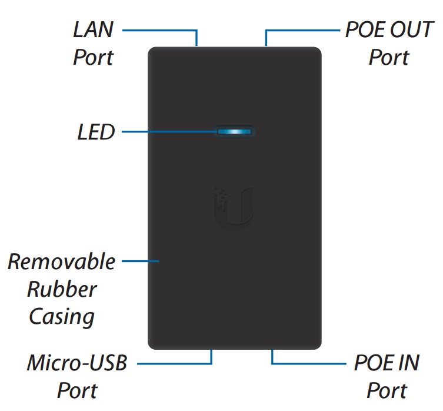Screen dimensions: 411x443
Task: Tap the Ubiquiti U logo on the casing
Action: point(234,207)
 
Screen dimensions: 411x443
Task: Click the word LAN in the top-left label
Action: point(93,31)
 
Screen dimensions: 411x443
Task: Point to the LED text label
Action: point(96,132)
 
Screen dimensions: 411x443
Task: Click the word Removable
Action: point(62,261)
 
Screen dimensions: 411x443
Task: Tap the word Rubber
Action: point(62,289)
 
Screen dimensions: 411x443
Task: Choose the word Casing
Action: point(62,317)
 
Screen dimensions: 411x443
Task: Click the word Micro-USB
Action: point(77,363)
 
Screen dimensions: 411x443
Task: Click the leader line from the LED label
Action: point(168,131)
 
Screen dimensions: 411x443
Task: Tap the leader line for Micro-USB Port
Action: point(176,363)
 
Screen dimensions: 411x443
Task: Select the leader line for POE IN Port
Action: point(306,363)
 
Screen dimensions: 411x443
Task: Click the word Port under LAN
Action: point(93,58)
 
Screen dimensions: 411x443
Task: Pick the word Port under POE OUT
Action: point(388,58)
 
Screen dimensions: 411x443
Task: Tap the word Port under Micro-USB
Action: point(77,390)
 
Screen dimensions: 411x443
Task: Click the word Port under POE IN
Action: point(387,390)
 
